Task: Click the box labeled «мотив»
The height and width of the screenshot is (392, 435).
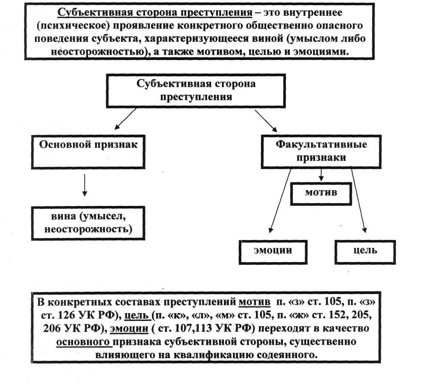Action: coord(321,193)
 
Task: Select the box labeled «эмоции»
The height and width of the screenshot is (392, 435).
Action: coord(273,250)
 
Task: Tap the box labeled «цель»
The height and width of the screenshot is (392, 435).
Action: coord(365,250)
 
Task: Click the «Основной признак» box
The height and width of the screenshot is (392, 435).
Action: coord(88,152)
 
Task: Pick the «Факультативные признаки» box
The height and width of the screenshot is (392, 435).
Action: coord(321,151)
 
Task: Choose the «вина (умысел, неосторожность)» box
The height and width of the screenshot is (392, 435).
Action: coord(88,223)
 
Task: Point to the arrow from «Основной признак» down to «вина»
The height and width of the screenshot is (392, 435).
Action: coord(84,185)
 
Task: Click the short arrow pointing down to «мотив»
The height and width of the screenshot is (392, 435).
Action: coord(321,175)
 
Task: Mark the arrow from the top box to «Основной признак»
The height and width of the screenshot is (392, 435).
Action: coord(125,119)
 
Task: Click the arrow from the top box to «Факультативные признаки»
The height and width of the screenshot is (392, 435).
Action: coord(266,120)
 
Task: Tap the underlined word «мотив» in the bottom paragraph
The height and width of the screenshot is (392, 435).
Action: coord(254,302)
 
